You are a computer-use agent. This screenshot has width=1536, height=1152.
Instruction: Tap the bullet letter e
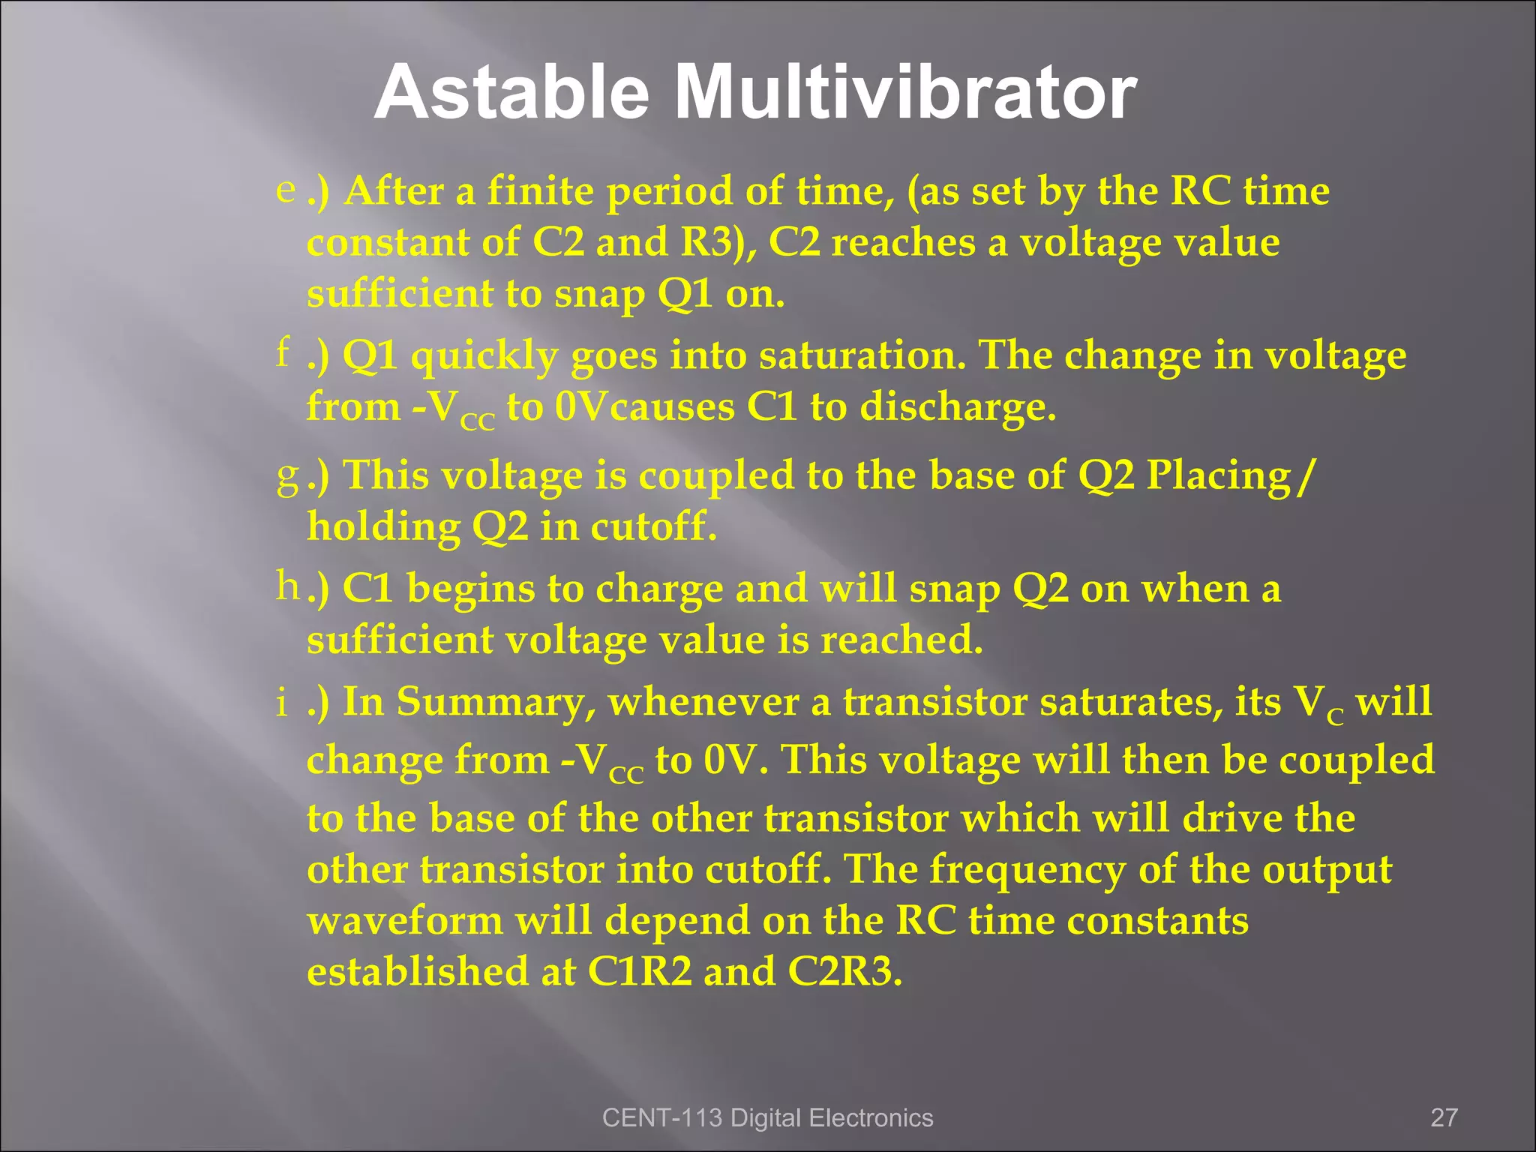pos(285,189)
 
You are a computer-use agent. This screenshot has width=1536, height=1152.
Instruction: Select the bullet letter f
pos(283,351)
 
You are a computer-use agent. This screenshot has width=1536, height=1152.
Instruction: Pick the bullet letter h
pos(287,585)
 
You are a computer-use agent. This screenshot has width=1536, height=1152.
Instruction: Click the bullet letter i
pos(282,703)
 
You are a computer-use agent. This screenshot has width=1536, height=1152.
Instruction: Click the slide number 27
pos(1444,1117)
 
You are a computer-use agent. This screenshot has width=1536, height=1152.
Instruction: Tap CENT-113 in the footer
pos(661,1117)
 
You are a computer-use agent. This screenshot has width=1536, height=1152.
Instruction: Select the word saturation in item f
pos(862,355)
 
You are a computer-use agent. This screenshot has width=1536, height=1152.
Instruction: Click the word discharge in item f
pos(957,407)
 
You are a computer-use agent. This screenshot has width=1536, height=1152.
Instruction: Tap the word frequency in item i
pos(1027,870)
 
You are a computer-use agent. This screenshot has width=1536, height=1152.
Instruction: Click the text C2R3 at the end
pos(844,971)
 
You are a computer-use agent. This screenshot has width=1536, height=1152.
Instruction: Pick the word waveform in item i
pos(405,920)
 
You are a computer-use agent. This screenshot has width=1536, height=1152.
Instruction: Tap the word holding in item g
pos(383,526)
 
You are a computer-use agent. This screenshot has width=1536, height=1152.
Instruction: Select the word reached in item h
pos(901,640)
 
